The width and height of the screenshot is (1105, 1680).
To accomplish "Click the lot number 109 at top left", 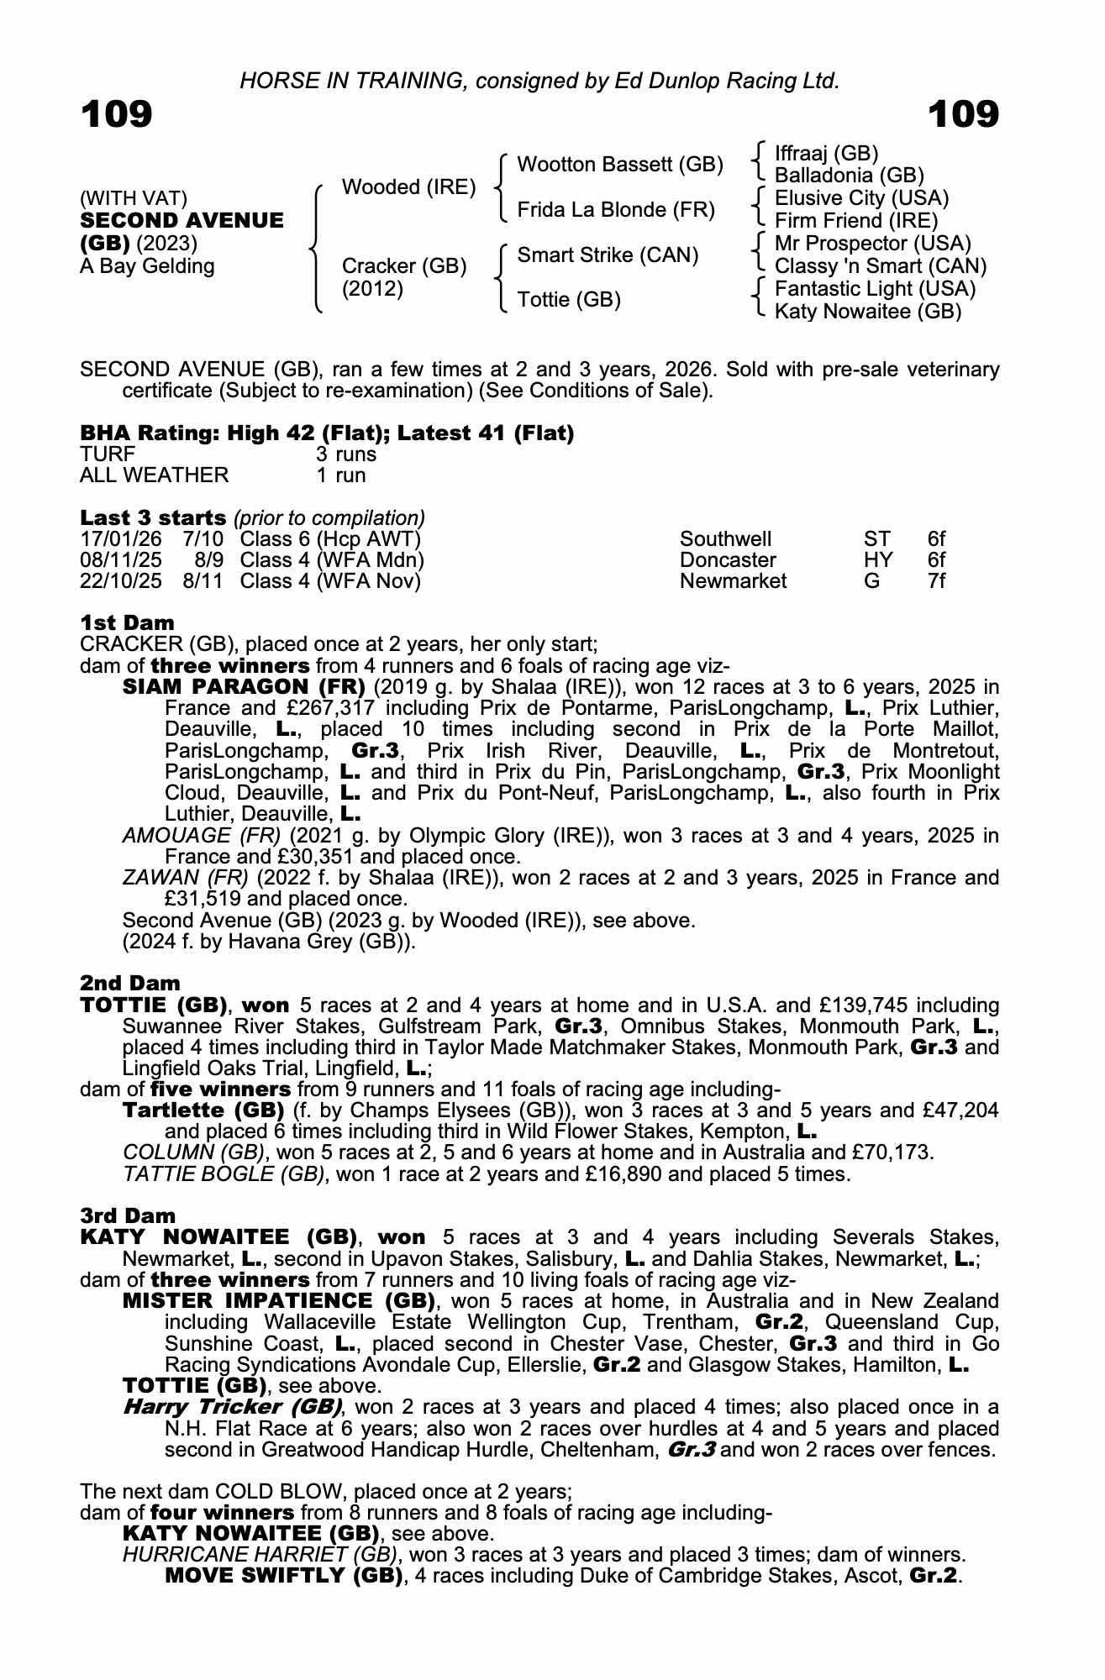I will (x=117, y=114).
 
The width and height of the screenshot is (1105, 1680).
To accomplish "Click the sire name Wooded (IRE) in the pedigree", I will (x=408, y=187).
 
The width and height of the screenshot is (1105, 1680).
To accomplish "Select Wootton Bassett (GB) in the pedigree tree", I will (x=620, y=165).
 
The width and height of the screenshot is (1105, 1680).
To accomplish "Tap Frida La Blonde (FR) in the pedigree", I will (x=616, y=210).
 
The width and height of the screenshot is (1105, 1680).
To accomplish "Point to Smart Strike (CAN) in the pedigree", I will (x=608, y=255).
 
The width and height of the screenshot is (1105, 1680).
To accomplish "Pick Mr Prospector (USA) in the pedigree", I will (x=872, y=244).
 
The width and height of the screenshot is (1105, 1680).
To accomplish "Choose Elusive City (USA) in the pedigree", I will (x=861, y=198).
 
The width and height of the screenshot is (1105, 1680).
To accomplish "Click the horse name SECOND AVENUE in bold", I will (x=182, y=221).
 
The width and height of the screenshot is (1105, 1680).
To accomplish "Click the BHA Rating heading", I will (x=327, y=433).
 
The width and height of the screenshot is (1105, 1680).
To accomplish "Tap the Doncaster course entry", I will (x=728, y=560).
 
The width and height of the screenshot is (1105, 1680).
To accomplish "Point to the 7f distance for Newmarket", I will (x=936, y=581).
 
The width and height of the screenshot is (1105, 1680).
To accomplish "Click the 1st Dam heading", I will (x=127, y=623).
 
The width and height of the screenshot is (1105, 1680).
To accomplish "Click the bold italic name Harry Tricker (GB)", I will (x=232, y=1407).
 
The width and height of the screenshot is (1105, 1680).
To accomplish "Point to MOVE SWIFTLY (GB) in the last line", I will (x=283, y=1576).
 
